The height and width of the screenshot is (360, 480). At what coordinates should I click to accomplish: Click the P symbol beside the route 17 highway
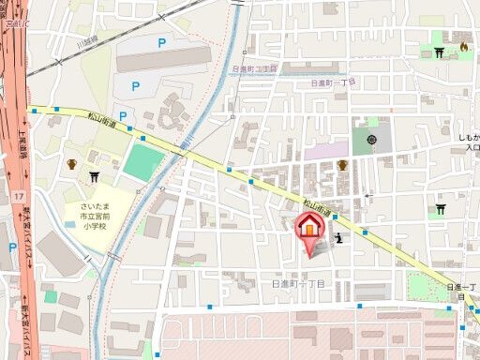tap(12, 248)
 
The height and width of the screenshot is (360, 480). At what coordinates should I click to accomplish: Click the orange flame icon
tap(463, 46)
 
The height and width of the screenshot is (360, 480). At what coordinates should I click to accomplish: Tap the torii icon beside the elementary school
tap(94, 175)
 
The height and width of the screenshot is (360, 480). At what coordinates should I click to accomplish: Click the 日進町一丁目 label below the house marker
tap(298, 282)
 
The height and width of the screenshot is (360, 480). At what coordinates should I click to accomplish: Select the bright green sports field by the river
tap(143, 163)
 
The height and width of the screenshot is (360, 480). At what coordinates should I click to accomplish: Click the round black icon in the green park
tap(372, 141)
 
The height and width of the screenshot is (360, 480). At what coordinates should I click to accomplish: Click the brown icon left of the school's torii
tap(71, 165)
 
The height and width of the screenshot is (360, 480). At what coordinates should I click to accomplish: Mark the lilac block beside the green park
tap(325, 149)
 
